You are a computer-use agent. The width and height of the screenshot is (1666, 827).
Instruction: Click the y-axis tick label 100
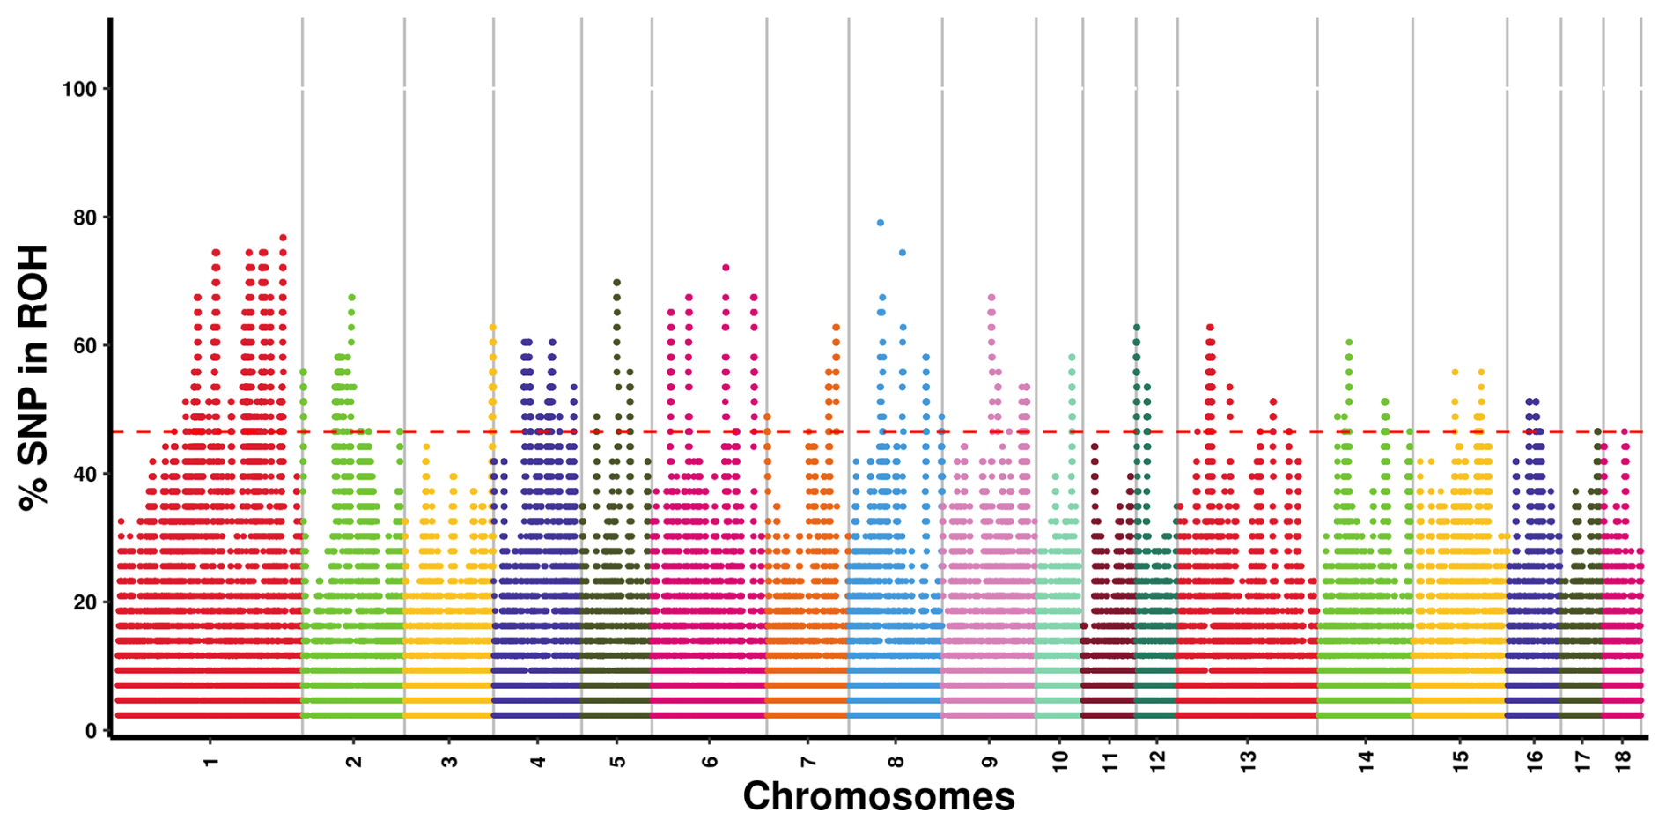point(78,89)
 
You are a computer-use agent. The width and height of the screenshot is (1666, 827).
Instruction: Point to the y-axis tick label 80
point(85,218)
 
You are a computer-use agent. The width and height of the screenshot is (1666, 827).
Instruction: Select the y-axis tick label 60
point(85,346)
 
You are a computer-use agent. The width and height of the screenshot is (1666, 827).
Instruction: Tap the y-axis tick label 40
point(85,474)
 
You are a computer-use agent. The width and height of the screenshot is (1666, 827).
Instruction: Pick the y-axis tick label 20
point(85,602)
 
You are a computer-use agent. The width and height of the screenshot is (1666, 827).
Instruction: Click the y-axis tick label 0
point(91,731)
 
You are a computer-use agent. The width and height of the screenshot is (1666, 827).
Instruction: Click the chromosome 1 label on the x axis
point(210,761)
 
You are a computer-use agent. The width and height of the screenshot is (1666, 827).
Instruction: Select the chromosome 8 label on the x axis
point(896,761)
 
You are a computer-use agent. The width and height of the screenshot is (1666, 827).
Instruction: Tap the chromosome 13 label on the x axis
point(1248,761)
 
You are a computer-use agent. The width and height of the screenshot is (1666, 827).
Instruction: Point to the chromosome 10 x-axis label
point(1059,761)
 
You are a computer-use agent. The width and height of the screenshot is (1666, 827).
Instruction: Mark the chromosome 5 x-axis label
point(617,761)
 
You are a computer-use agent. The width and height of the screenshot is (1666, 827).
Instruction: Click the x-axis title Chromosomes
point(879,797)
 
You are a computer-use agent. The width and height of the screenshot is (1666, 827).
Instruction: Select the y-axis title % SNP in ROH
point(33,378)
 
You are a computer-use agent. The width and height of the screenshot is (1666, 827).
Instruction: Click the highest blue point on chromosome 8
point(881,223)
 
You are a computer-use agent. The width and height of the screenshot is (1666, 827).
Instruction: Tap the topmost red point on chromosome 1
point(283,237)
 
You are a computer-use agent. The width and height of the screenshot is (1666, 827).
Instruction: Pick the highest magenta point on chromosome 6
point(726,268)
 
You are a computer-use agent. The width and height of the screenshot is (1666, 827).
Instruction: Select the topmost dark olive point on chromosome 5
point(616,283)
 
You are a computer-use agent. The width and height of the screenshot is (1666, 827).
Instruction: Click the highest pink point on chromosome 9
point(991,298)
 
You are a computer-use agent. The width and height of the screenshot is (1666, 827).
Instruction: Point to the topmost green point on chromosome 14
point(1349,342)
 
